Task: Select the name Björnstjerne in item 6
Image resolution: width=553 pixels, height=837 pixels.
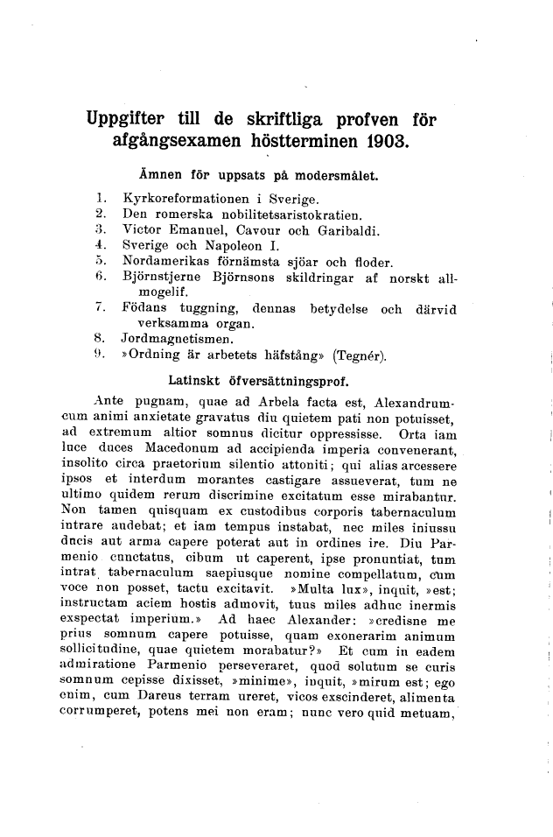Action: click(x=163, y=277)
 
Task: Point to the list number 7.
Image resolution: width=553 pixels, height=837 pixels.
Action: click(x=101, y=309)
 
